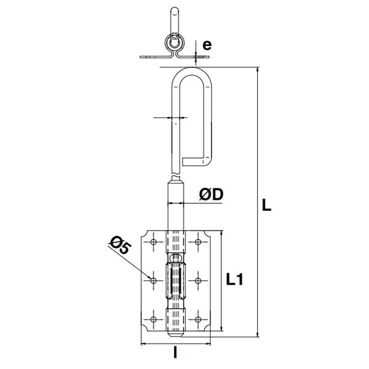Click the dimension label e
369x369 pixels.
(x=207, y=45)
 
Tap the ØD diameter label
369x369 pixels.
(x=211, y=195)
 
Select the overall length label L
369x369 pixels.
(x=266, y=205)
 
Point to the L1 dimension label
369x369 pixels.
(x=235, y=280)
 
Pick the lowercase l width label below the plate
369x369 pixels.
(x=176, y=353)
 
